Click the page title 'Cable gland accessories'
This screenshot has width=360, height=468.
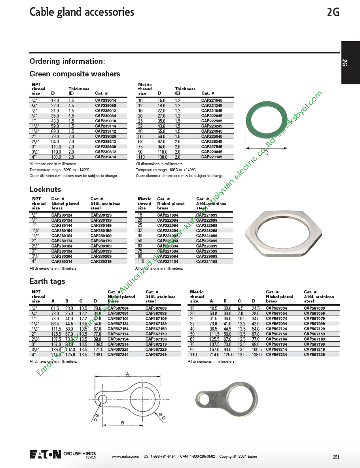82,12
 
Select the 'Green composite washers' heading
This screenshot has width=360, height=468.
75,74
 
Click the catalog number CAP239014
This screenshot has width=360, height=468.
106,101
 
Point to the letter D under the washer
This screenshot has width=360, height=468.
266,153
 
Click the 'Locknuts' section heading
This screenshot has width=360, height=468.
45,190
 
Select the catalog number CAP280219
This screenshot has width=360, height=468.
101,261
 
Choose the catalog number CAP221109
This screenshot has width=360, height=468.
207,261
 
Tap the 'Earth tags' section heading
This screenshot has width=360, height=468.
47,282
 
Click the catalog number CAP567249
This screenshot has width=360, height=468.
156,354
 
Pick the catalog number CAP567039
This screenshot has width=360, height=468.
314,308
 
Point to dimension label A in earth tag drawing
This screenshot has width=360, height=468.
127,373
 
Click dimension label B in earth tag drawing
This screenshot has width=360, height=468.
123,423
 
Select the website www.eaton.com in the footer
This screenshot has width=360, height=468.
125,457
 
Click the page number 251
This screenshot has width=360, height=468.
336,457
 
